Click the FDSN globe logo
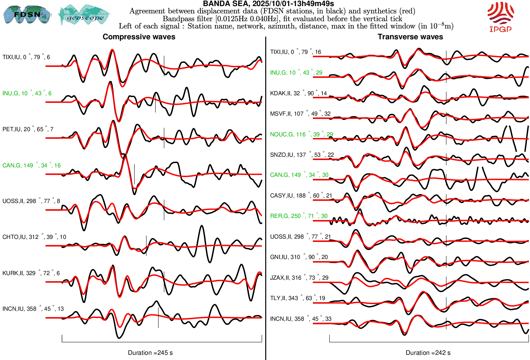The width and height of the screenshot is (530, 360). coord(27,14)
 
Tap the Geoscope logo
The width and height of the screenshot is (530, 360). coord(84,15)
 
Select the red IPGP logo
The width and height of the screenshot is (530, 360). coord(500,17)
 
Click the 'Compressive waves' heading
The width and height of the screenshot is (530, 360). coord(139,37)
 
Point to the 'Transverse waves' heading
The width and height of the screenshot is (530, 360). coord(410,37)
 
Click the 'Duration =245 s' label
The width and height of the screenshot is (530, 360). coord(150,353)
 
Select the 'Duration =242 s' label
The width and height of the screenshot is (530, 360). coord(428,353)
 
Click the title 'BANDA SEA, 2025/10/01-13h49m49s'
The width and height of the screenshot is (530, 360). coord(268,4)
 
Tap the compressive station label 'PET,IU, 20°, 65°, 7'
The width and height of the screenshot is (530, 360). coord(28,129)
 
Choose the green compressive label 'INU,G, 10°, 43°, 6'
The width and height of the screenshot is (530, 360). coord(27,93)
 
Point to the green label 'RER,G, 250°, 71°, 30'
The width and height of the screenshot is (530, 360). coord(299,216)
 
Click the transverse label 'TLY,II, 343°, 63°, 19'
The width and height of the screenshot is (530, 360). coord(297,298)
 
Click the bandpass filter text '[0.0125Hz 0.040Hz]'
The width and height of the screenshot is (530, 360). coord(247,19)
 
